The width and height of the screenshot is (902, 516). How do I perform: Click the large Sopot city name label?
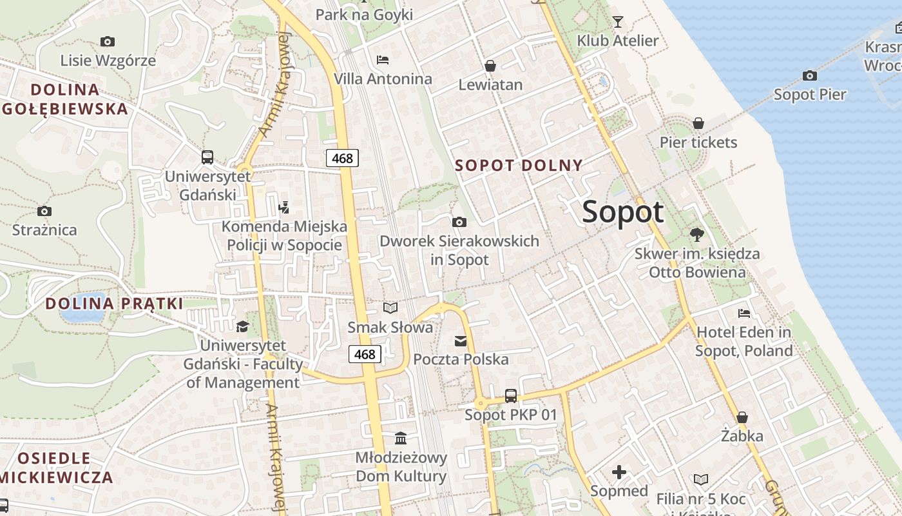click(x=622, y=212)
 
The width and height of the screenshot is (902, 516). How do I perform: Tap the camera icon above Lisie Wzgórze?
click(x=108, y=42)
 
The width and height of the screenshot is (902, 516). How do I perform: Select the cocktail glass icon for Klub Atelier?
click(x=618, y=22)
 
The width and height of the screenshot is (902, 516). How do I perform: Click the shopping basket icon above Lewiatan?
click(x=490, y=66)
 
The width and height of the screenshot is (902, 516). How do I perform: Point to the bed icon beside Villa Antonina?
click(x=383, y=60)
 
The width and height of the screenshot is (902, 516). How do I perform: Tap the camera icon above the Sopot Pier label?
click(x=810, y=76)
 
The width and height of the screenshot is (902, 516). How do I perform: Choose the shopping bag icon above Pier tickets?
click(x=698, y=123)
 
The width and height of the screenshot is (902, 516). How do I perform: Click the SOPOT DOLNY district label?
click(x=519, y=165)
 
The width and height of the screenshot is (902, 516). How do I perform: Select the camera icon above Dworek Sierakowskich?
click(x=459, y=223)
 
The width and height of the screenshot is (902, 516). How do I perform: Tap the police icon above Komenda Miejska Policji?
click(x=283, y=208)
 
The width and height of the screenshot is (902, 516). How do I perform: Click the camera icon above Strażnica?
click(x=44, y=211)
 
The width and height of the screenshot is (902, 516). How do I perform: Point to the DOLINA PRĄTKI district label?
click(x=114, y=303)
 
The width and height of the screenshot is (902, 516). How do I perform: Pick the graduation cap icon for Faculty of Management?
click(x=242, y=327)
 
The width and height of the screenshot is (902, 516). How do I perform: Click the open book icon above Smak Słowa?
click(x=390, y=308)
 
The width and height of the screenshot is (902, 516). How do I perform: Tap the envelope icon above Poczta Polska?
click(x=461, y=341)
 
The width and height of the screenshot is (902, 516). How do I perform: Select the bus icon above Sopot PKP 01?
click(x=511, y=395)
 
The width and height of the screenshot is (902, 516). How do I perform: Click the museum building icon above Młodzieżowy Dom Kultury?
click(x=401, y=439)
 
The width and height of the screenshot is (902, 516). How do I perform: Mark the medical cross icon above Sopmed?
click(x=619, y=472)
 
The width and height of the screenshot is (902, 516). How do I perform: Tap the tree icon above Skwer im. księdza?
click(x=696, y=235)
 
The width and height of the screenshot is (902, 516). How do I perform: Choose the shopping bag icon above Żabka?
click(x=742, y=417)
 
